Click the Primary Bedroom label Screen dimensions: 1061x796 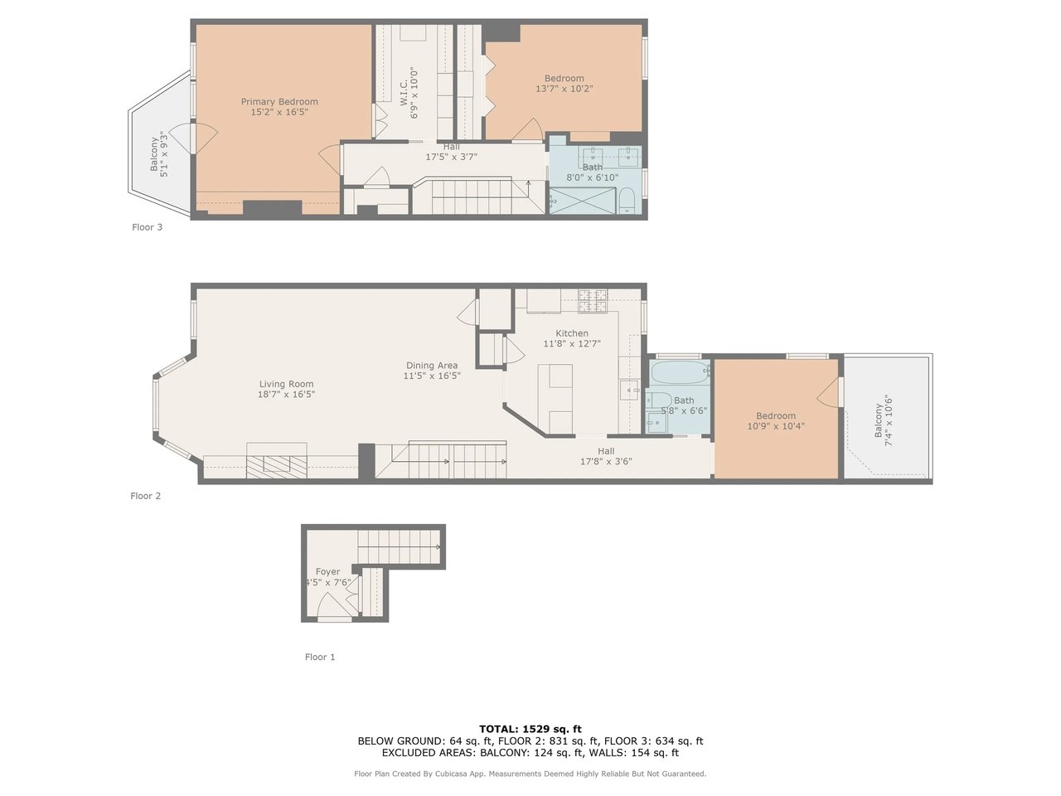click(x=279, y=101)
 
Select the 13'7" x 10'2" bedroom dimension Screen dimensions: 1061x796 click(x=564, y=89)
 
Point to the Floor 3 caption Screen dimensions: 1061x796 click(x=147, y=227)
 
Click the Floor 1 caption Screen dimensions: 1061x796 click(x=319, y=657)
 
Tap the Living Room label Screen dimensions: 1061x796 click(x=286, y=384)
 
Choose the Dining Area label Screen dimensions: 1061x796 click(x=432, y=366)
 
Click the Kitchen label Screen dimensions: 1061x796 click(x=572, y=333)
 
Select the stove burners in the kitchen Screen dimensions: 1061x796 click(x=593, y=301)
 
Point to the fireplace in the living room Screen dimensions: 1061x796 click(x=277, y=460)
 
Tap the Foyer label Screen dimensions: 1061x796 click(x=327, y=572)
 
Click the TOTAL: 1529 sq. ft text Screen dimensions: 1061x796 click(x=530, y=729)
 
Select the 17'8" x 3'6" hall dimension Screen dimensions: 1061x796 click(x=606, y=462)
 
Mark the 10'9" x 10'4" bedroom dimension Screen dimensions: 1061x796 click(x=776, y=426)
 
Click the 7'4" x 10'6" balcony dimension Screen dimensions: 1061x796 click(x=889, y=420)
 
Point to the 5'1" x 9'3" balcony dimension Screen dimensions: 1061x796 click(x=164, y=153)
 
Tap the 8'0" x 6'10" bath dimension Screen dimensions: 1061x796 click(x=593, y=177)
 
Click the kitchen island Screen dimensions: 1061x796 click(x=555, y=399)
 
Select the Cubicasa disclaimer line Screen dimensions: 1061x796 click(x=530, y=774)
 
